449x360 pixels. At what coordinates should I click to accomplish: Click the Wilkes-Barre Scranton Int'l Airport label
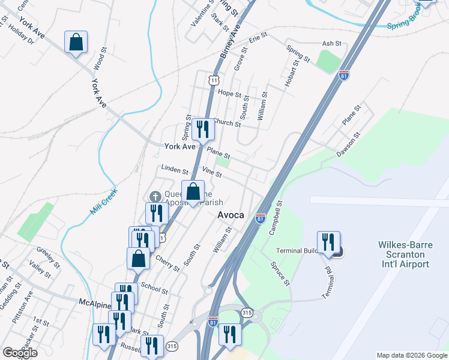(x=403, y=254)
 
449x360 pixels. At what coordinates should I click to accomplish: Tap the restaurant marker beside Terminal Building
(x=328, y=242)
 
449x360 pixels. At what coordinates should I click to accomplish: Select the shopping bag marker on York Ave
(x=76, y=42)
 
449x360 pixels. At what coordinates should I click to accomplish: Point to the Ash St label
(x=331, y=44)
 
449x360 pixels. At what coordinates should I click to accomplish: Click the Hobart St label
(x=292, y=73)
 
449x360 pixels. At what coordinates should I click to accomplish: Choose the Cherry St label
(x=167, y=263)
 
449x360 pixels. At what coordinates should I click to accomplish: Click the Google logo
(x=20, y=353)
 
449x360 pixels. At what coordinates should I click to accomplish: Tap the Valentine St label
(x=202, y=12)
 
